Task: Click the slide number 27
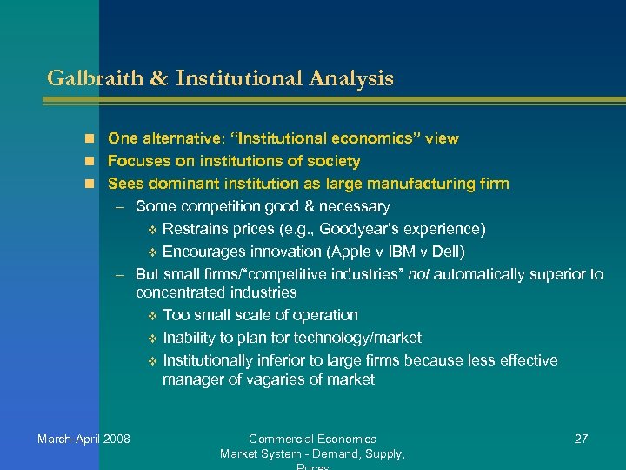582,439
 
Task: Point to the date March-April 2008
83,439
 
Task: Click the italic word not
418,274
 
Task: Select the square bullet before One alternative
90,138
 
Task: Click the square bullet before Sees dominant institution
90,184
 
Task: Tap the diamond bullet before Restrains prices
152,230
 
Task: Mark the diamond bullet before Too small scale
152,315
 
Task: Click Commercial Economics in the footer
312,439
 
